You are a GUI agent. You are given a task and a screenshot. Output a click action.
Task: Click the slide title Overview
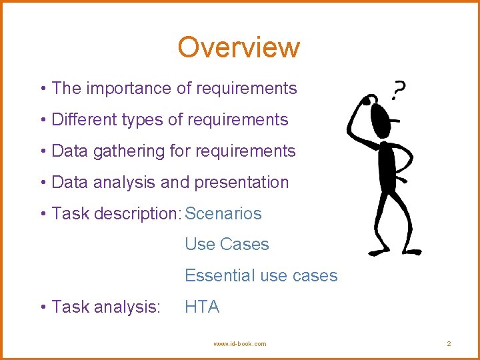(239, 47)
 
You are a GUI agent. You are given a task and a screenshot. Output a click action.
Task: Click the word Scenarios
(223, 214)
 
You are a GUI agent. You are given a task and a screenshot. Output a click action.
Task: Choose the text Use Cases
(227, 245)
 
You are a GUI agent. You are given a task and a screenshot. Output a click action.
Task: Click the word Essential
(213, 275)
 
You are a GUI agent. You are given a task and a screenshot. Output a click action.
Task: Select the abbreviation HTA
(202, 307)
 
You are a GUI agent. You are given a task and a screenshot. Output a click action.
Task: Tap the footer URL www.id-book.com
(239, 344)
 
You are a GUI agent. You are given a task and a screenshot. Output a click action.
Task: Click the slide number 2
(449, 344)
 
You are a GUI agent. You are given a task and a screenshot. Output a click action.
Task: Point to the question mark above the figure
(399, 89)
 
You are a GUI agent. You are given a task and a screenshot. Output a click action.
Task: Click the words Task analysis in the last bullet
(105, 307)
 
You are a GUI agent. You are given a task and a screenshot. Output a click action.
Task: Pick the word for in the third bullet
(180, 151)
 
